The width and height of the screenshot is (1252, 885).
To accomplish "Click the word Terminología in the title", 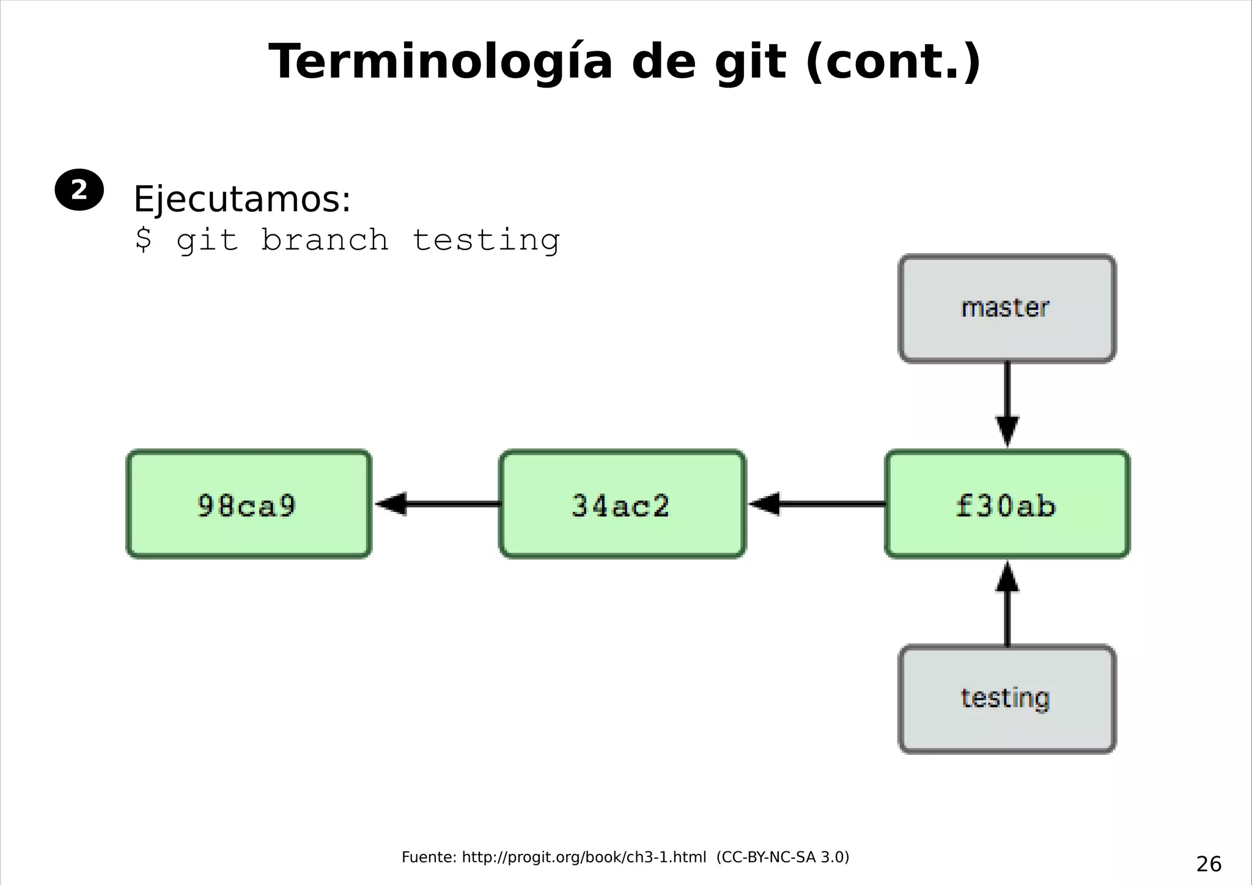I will click(x=440, y=62).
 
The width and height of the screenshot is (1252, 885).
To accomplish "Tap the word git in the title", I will click(x=750, y=62).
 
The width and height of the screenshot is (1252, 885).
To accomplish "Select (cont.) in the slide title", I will click(x=894, y=62).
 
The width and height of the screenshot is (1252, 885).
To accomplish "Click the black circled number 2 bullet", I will click(x=79, y=190).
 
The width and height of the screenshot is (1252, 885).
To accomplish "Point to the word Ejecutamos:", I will click(x=242, y=199).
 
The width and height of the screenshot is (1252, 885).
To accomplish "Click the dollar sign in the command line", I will click(x=143, y=239).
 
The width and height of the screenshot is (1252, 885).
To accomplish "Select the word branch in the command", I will click(x=325, y=239).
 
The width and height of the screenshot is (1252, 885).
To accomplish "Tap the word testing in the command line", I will click(x=486, y=239).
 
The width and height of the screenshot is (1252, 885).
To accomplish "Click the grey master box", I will click(x=1007, y=309).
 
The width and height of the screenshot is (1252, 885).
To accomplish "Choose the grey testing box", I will click(x=1007, y=699).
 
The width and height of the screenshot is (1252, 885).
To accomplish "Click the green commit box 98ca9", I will click(x=249, y=504).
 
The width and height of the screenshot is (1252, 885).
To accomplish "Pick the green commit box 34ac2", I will click(x=622, y=504).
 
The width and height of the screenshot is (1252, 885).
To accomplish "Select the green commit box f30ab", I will click(x=1007, y=504).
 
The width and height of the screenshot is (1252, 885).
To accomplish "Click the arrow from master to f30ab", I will click(x=1007, y=404).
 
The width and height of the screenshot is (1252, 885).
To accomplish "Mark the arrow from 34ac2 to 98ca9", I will click(x=436, y=504).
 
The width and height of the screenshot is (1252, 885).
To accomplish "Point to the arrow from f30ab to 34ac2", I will click(x=816, y=504).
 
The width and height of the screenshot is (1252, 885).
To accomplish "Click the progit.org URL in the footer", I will click(x=584, y=857).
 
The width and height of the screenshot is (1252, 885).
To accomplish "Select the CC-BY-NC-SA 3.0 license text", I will click(x=783, y=857).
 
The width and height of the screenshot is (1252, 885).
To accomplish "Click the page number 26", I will click(x=1209, y=864).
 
